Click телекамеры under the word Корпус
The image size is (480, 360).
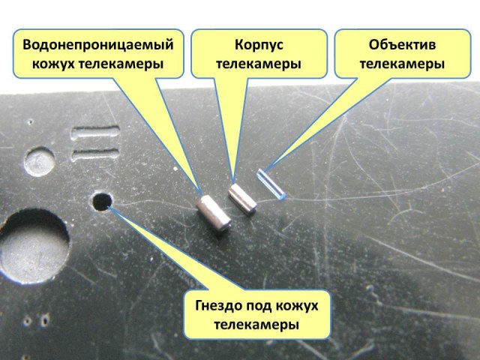click(259, 64)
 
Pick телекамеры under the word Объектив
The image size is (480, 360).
click(401, 64)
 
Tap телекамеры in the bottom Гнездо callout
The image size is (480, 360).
click(257, 325)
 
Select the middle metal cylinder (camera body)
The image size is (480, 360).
click(243, 200)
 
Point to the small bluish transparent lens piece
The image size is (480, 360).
click(270, 184)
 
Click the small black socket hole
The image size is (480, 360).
click(101, 201)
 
